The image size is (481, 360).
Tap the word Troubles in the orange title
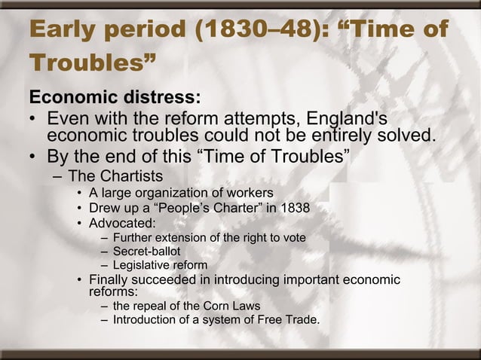(x=82, y=66)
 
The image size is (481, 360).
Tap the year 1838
(x=295, y=208)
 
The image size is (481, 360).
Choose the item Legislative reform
(x=160, y=264)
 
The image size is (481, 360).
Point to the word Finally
(x=111, y=280)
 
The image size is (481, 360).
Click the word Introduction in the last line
(x=146, y=320)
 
